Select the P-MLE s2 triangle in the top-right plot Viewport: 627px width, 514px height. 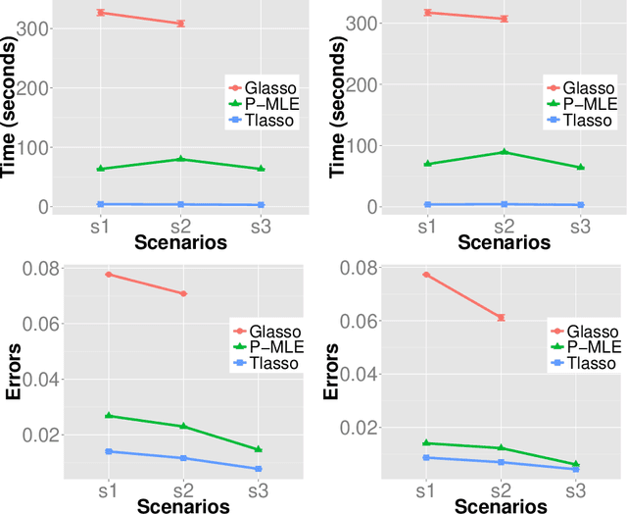pyautogui.click(x=503, y=152)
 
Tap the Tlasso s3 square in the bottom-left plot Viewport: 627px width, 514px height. pyautogui.click(x=259, y=469)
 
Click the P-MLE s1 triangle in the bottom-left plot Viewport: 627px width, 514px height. pyautogui.click(x=108, y=416)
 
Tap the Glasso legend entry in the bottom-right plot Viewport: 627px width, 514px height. pyautogui.click(x=578, y=332)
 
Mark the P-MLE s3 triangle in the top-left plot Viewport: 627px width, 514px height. pyautogui.click(x=259, y=169)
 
